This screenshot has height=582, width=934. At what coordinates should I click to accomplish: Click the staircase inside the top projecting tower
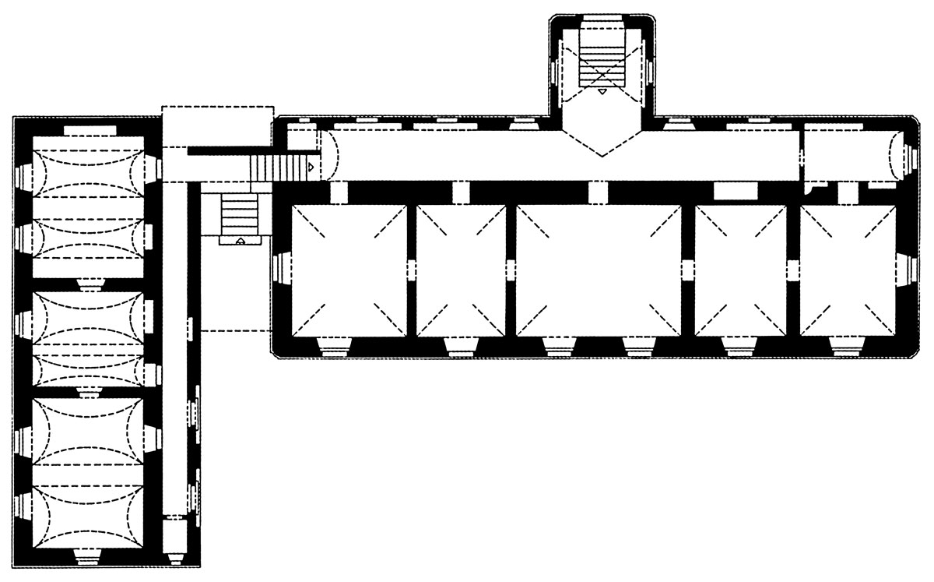click(603, 59)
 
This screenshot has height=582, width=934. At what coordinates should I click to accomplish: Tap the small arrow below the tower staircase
click(603, 92)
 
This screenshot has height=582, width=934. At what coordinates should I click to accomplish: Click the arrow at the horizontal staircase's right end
click(311, 167)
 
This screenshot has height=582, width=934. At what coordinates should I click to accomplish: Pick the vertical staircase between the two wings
click(240, 211)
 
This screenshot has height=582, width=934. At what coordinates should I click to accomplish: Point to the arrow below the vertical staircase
click(241, 241)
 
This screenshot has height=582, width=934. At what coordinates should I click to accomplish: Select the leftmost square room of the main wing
click(349, 270)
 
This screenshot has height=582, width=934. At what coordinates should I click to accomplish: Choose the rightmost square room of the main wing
click(847, 270)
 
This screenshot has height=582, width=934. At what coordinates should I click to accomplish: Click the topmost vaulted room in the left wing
click(87, 204)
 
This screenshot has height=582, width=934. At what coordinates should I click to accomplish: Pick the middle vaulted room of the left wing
click(87, 338)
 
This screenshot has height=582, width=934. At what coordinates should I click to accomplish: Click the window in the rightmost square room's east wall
click(904, 269)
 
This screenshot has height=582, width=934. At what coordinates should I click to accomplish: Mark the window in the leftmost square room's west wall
click(281, 269)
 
